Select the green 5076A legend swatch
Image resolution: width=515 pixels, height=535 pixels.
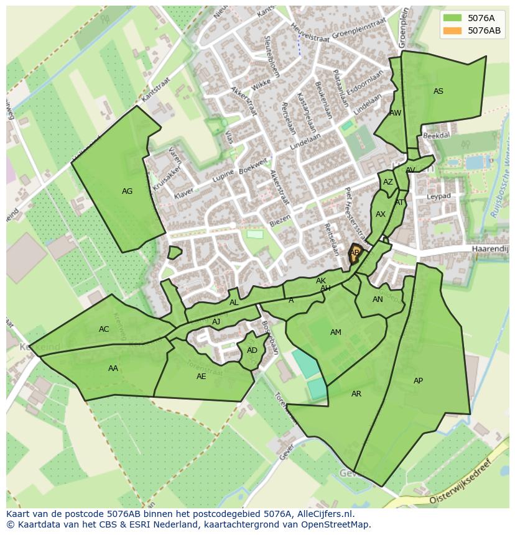pyautogui.click(x=452, y=18)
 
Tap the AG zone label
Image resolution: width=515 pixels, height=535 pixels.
pyautogui.click(x=127, y=191)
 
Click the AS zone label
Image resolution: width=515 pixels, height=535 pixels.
pyautogui.click(x=438, y=91)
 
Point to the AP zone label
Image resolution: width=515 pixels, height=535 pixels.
pyautogui.click(x=418, y=381)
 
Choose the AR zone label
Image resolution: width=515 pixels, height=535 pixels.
pyautogui.click(x=356, y=394)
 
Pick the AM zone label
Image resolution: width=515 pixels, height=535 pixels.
pyautogui.click(x=336, y=332)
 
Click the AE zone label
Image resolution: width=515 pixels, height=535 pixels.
pyautogui.click(x=201, y=377)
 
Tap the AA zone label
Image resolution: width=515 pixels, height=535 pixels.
pyautogui.click(x=113, y=368)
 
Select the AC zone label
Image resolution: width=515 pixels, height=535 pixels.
pyautogui.click(x=104, y=329)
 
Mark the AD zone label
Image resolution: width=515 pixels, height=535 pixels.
pyautogui.click(x=252, y=350)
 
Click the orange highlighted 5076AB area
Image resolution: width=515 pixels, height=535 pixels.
pyautogui.click(x=355, y=254)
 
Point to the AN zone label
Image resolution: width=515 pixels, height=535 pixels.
pyautogui.click(x=378, y=300)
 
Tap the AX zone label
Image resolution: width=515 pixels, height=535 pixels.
pyautogui.click(x=381, y=214)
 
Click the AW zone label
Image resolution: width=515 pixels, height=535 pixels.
pyautogui.click(x=396, y=113)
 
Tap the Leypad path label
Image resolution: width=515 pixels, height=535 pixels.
pyautogui.click(x=438, y=196)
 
